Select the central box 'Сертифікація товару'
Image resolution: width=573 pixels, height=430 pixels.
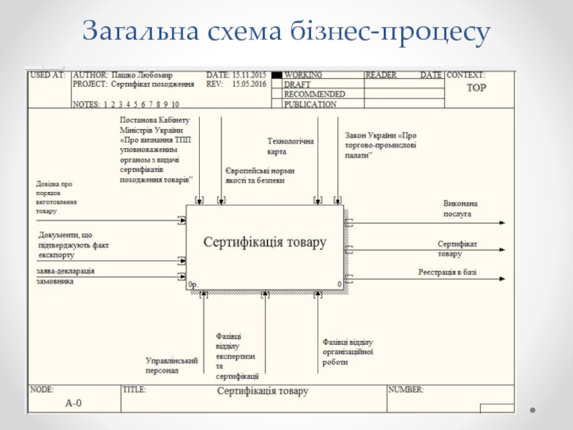pyautogui.click(x=265, y=243)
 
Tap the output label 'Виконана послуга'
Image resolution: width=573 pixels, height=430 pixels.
pyautogui.click(x=460, y=209)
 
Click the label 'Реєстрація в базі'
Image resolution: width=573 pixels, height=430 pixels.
pyautogui.click(x=448, y=272)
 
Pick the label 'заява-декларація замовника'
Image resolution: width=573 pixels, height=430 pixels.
pyautogui.click(x=65, y=276)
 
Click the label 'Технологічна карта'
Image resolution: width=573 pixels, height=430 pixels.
pyautogui.click(x=290, y=146)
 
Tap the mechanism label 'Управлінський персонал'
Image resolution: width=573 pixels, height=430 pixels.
pyautogui.click(x=172, y=365)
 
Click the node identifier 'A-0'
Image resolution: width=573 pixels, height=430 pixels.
pyautogui.click(x=74, y=403)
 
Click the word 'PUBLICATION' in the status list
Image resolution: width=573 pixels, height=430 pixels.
pyautogui.click(x=310, y=104)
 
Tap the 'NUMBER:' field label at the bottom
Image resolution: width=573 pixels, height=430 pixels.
pyautogui.click(x=405, y=390)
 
